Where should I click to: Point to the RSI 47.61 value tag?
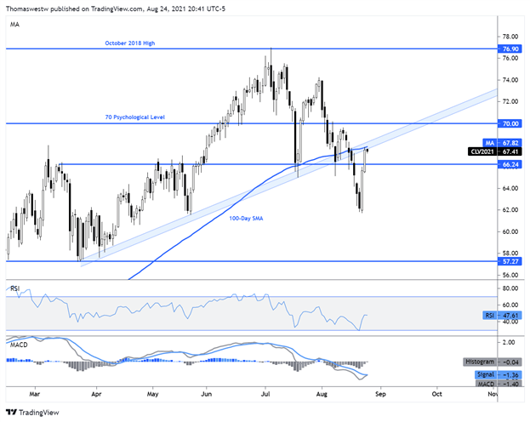pyautogui.click(x=500, y=316)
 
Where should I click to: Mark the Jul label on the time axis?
pyautogui.click(x=265, y=395)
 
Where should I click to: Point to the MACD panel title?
pyautogui.click(x=17, y=344)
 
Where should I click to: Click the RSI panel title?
pyautogui.click(x=14, y=289)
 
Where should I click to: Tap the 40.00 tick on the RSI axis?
pyautogui.click(x=508, y=322)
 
